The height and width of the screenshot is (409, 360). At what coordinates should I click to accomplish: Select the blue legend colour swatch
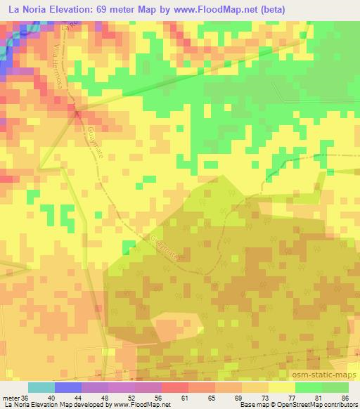tap(68, 387)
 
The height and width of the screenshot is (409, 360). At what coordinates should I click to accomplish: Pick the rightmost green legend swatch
tap(335, 387)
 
